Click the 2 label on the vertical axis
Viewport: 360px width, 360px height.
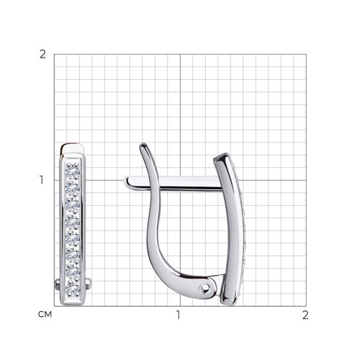tap(42, 55)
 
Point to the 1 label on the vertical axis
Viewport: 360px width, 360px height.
tap(42, 180)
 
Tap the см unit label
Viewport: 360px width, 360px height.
tap(45, 315)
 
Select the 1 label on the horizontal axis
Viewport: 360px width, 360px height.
tap(178, 315)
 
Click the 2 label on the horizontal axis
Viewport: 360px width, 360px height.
tap(305, 315)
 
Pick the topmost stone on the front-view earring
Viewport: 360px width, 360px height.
tap(72, 171)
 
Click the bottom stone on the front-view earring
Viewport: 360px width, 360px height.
tap(72, 288)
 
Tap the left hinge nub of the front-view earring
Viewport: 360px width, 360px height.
tap(57, 284)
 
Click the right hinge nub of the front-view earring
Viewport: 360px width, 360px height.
tap(88, 284)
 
